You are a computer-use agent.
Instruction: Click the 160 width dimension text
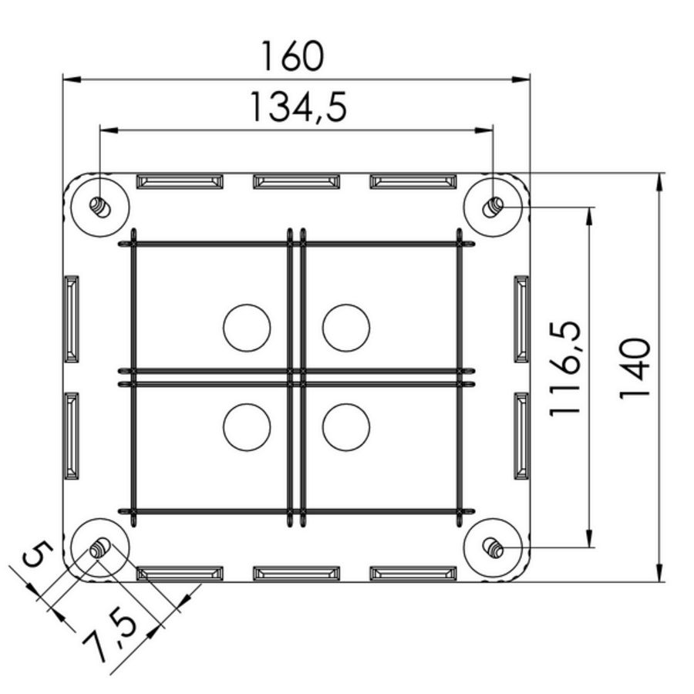291,56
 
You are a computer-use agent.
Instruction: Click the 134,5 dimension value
298,107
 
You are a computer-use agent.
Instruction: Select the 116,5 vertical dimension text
565,369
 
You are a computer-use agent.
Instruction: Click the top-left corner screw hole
99,206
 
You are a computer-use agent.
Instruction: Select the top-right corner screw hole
494,206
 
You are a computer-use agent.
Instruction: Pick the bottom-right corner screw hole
494,548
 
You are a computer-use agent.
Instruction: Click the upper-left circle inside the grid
247,328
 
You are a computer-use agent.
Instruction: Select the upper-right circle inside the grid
345,328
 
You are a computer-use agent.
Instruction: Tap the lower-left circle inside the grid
247,426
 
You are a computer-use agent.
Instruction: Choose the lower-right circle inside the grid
345,426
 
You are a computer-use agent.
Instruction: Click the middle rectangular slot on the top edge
296,181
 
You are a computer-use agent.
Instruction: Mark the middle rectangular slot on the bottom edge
296,573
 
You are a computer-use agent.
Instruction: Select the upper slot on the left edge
71,318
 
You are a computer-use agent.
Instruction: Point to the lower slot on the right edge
521,436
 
